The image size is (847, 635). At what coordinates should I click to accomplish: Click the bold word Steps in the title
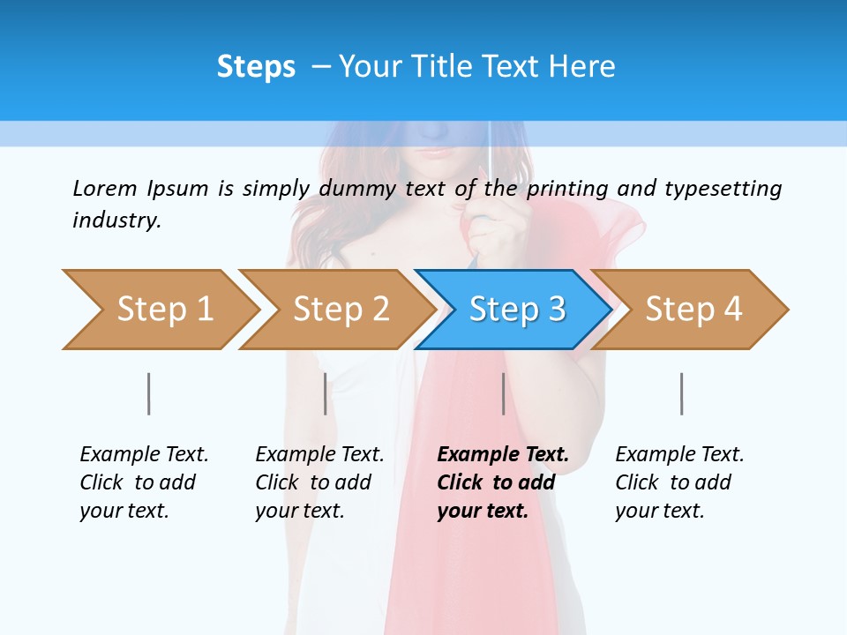(256, 67)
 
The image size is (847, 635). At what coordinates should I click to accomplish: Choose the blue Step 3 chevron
(516, 310)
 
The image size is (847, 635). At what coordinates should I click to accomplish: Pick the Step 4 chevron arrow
(693, 310)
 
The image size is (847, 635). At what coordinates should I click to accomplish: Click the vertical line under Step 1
(149, 393)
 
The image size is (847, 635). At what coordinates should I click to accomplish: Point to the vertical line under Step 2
(326, 393)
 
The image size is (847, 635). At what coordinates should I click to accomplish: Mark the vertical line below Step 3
(504, 393)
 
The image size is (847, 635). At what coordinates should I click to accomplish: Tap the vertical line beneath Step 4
(682, 393)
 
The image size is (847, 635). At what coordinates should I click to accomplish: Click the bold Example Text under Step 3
(503, 482)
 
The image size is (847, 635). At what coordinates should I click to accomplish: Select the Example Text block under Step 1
(144, 482)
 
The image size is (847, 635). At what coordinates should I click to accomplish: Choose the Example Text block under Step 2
(319, 482)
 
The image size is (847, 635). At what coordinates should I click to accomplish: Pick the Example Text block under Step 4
(679, 482)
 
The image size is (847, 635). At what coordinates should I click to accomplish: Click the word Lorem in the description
(105, 189)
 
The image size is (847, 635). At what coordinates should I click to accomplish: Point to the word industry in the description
(116, 220)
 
